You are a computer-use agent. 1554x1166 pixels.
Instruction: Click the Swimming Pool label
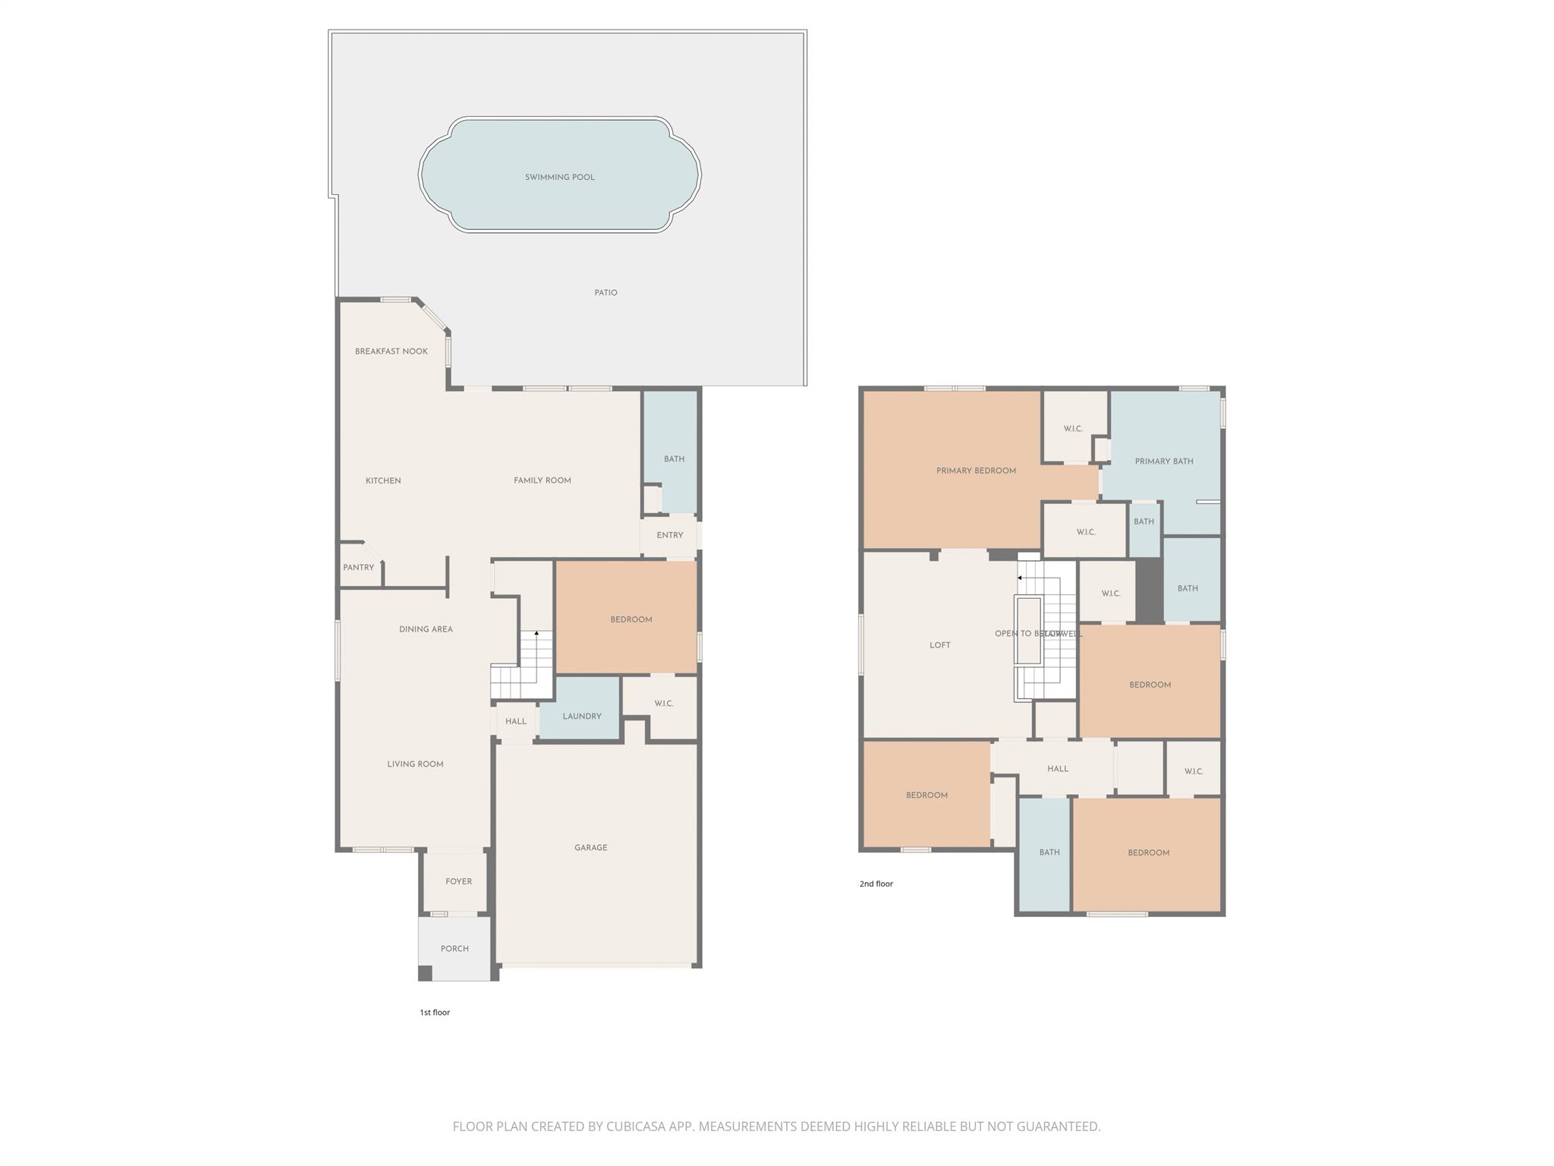(560, 178)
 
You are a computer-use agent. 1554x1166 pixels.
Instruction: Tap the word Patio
(606, 293)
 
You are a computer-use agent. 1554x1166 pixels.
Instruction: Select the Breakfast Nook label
(392, 351)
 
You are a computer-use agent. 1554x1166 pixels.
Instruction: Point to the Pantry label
(358, 568)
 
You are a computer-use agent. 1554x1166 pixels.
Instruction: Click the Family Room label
(542, 481)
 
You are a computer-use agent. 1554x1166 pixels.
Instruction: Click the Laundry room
(582, 717)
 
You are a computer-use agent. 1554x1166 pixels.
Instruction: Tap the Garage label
(590, 848)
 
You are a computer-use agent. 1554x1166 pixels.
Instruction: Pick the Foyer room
(458, 882)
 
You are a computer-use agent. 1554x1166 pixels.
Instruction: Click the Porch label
(455, 949)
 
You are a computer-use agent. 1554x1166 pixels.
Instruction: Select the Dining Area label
(426, 629)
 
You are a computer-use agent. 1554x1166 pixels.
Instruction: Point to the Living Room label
(415, 764)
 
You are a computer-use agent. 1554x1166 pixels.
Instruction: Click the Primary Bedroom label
(976, 471)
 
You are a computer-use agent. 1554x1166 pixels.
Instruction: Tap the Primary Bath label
(1164, 462)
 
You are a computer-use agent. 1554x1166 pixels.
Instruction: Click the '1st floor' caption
(435, 1013)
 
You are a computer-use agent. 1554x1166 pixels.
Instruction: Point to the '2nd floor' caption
(876, 884)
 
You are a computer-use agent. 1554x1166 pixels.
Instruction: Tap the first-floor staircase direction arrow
(536, 633)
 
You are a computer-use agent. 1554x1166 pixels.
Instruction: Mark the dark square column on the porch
(426, 973)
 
